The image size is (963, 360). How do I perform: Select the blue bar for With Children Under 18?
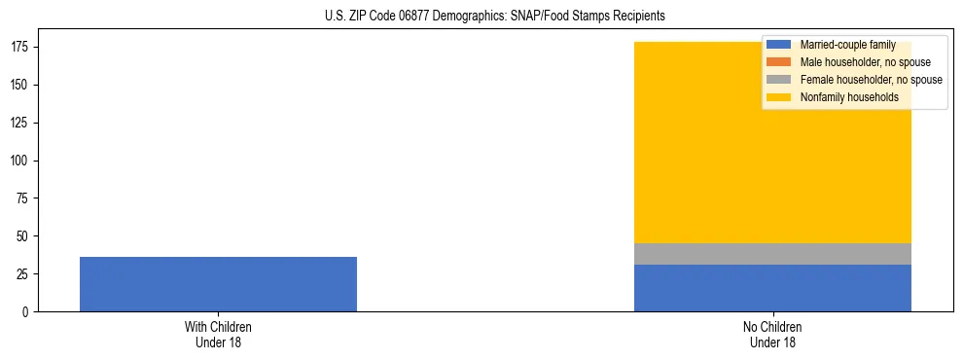click(218, 284)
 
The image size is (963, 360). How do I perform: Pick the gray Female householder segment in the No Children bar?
click(772, 254)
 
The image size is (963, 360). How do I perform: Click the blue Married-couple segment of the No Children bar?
click(772, 288)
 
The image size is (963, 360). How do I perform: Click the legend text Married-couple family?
click(847, 45)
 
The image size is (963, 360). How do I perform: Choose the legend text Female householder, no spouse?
click(871, 80)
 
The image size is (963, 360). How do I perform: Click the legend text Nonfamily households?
click(849, 97)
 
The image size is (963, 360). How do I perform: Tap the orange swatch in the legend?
click(778, 62)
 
